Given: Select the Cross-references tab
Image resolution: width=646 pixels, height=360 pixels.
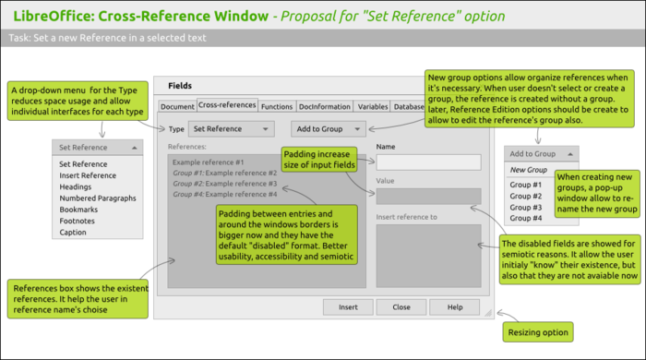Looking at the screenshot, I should click(227, 107).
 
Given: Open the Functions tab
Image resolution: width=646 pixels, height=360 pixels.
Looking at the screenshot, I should click(277, 107).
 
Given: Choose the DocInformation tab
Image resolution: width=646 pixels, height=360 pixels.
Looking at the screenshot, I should click(324, 107).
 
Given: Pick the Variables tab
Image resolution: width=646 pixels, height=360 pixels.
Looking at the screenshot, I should click(372, 107).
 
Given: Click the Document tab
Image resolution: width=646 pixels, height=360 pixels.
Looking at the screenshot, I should click(177, 107).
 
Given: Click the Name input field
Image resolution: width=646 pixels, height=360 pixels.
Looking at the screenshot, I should click(428, 162).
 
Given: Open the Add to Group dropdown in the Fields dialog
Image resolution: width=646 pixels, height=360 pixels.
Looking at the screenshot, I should click(329, 129).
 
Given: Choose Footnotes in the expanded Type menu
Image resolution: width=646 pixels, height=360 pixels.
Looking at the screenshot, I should click(78, 221).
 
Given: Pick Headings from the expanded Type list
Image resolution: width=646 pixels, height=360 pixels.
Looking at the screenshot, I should click(77, 186).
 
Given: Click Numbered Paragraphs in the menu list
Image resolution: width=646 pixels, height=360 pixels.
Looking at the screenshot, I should click(97, 198).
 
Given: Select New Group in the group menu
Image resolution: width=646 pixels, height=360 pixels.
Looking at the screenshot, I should click(529, 170).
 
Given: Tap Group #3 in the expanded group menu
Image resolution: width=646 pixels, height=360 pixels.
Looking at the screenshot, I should click(526, 207).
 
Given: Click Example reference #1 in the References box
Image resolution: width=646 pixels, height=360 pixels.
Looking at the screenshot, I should click(208, 162).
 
